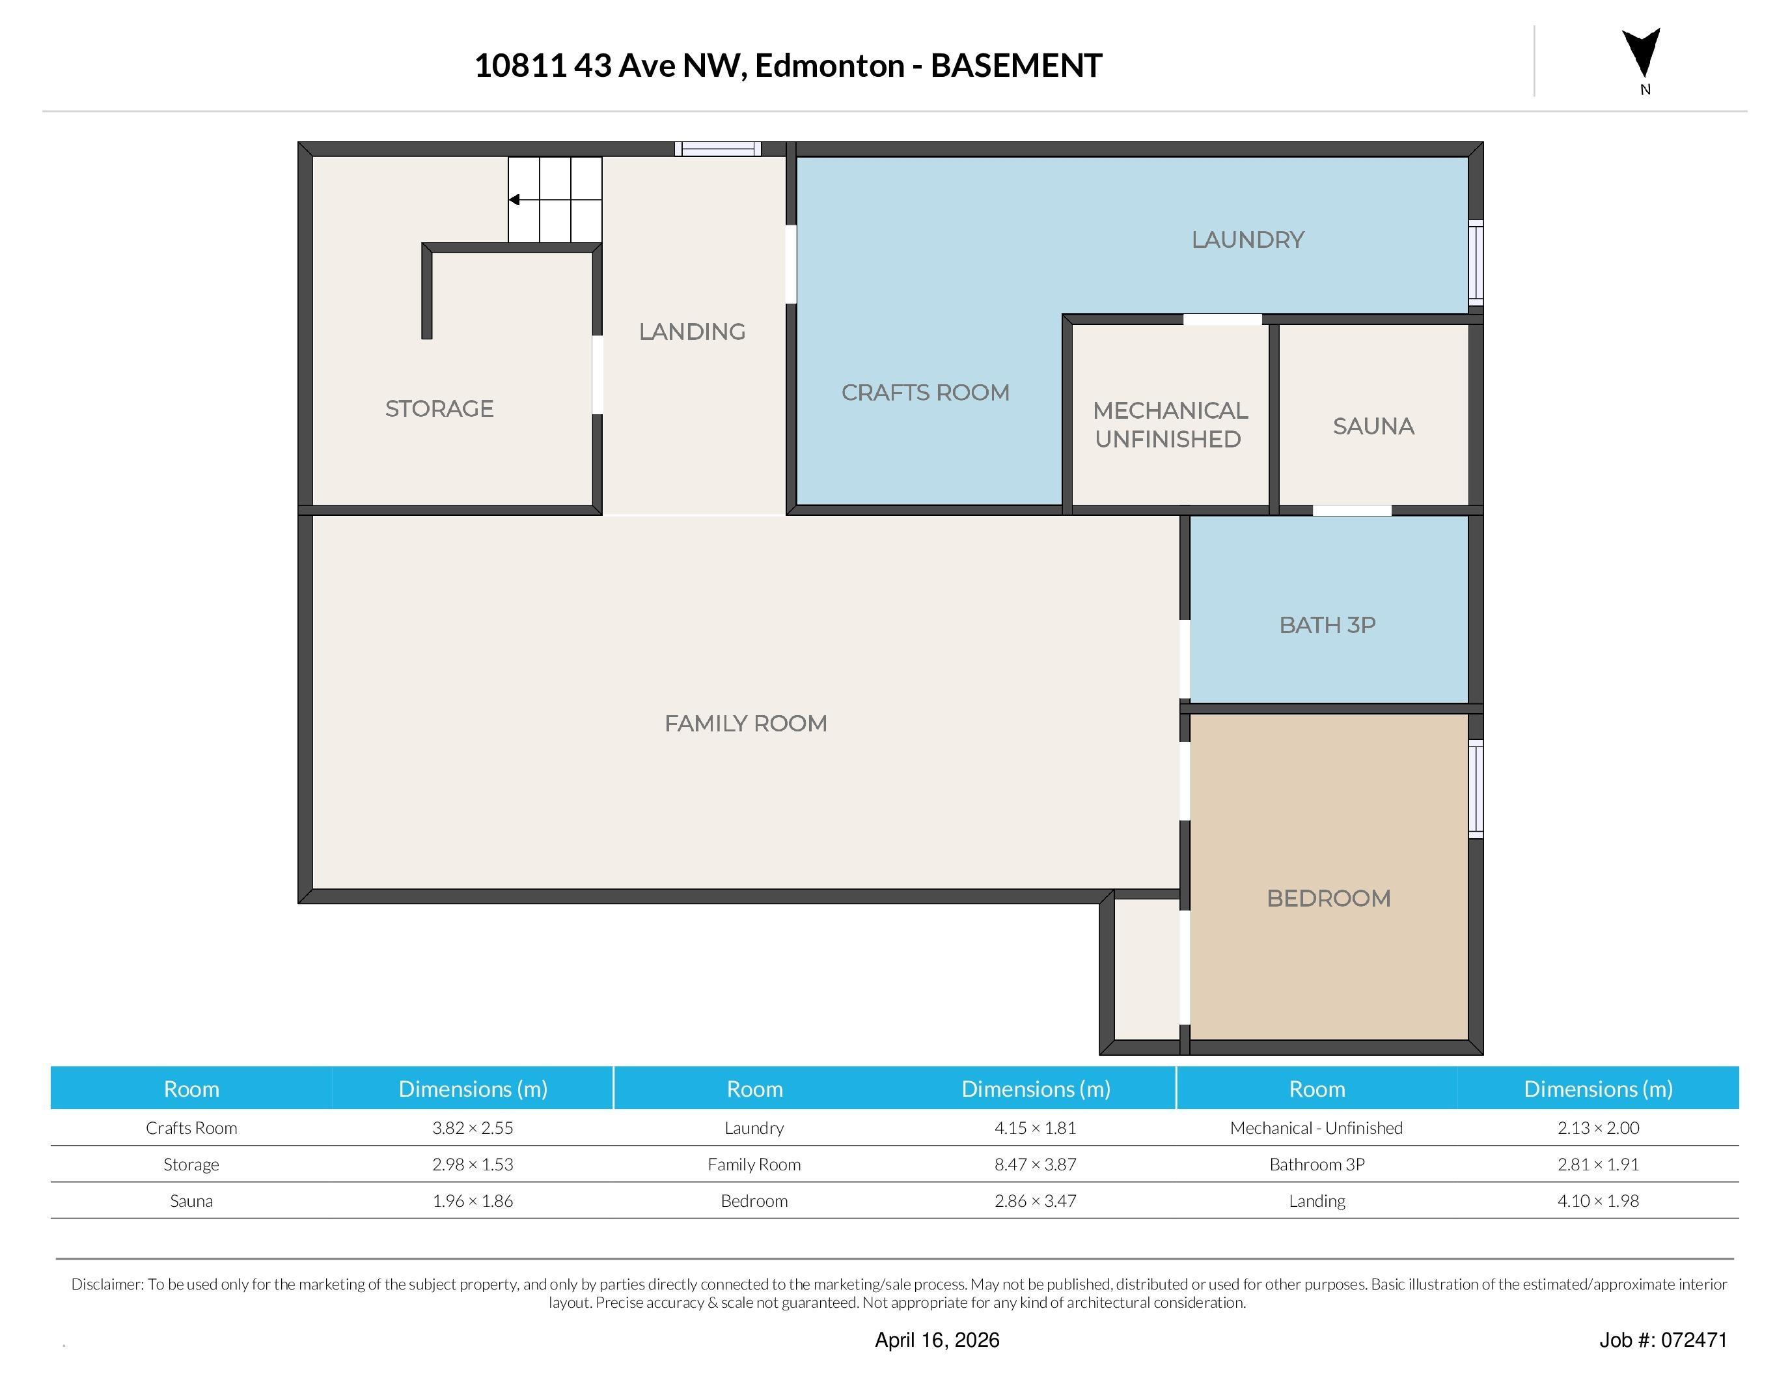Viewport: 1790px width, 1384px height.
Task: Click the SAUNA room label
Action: click(x=1373, y=427)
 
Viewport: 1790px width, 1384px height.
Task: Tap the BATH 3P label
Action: click(x=1327, y=625)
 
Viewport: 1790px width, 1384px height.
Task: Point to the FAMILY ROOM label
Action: click(x=745, y=723)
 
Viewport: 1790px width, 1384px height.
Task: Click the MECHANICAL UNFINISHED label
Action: click(x=1170, y=425)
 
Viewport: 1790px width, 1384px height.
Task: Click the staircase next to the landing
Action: click(x=555, y=199)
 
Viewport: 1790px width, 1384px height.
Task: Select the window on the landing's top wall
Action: click(x=718, y=148)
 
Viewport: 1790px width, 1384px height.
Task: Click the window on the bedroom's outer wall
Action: click(x=1474, y=789)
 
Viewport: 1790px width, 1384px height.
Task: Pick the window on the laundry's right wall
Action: click(x=1474, y=262)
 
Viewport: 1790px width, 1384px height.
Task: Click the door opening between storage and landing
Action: click(x=598, y=374)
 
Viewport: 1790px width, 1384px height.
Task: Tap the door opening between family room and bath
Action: click(x=1184, y=659)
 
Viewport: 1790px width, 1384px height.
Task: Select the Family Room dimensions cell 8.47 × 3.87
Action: click(x=1035, y=1165)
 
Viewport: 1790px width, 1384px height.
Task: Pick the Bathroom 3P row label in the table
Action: click(x=1316, y=1165)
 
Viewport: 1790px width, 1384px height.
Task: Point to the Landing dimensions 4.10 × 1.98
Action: click(x=1597, y=1201)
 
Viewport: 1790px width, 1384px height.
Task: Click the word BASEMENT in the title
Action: click(x=1016, y=66)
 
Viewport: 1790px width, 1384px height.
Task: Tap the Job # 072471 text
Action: click(x=1662, y=1340)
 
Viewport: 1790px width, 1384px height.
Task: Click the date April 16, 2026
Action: click(x=937, y=1340)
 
